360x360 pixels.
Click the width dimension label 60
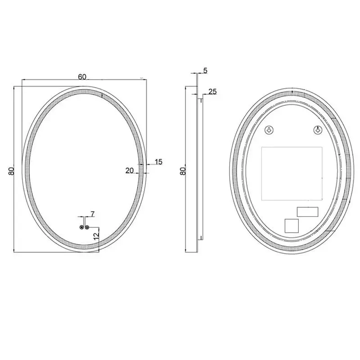point(82,76)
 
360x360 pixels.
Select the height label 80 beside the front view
point(11,171)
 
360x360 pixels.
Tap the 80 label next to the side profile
point(182,171)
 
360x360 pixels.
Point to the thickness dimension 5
point(205,70)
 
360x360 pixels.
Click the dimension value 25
point(213,91)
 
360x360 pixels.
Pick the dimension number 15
point(158,162)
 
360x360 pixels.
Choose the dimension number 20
point(130,170)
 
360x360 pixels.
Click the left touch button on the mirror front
point(82,227)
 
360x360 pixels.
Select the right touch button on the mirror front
point(88,227)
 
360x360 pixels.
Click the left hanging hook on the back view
point(268,130)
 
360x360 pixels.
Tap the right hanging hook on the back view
point(318,130)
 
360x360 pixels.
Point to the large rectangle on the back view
point(292,174)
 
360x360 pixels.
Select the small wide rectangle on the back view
point(307,211)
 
